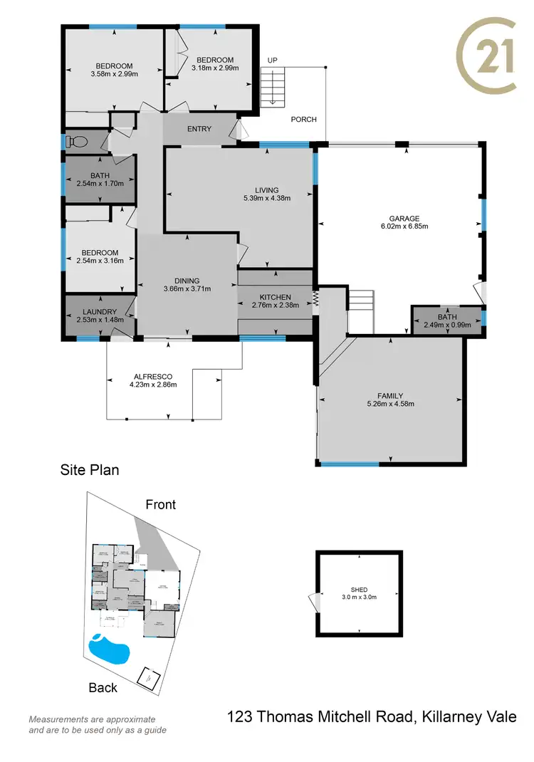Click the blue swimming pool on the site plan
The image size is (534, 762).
pos(109,649)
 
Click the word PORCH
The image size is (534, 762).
pos(304,120)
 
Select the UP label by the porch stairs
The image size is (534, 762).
pos(272,60)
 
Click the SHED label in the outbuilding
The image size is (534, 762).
pos(359,589)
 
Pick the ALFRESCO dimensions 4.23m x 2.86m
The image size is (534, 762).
pos(153,385)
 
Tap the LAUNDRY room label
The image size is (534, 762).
pos(99,311)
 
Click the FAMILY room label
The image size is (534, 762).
pos(390,395)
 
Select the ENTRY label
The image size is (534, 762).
pos(199,129)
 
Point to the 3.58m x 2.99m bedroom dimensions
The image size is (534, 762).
pos(114,73)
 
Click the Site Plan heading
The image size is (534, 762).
pos(89,470)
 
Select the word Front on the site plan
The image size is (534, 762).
pos(161,505)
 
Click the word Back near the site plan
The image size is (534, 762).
pos(103,688)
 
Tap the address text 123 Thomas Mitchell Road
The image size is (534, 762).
pos(320,717)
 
